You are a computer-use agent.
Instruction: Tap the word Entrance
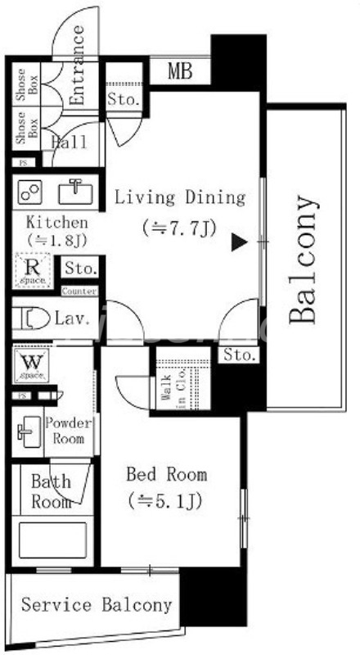(x=78, y=65)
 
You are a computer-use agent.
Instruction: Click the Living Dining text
(x=179, y=197)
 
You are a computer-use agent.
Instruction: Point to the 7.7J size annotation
(x=178, y=227)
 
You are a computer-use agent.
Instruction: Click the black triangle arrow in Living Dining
(x=237, y=242)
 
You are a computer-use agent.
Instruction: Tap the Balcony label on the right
(x=302, y=260)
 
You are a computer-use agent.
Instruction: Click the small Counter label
(x=79, y=291)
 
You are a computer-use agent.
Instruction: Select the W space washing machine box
(x=31, y=365)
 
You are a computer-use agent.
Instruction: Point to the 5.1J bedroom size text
(x=165, y=499)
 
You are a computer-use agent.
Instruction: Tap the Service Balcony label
(x=97, y=605)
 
